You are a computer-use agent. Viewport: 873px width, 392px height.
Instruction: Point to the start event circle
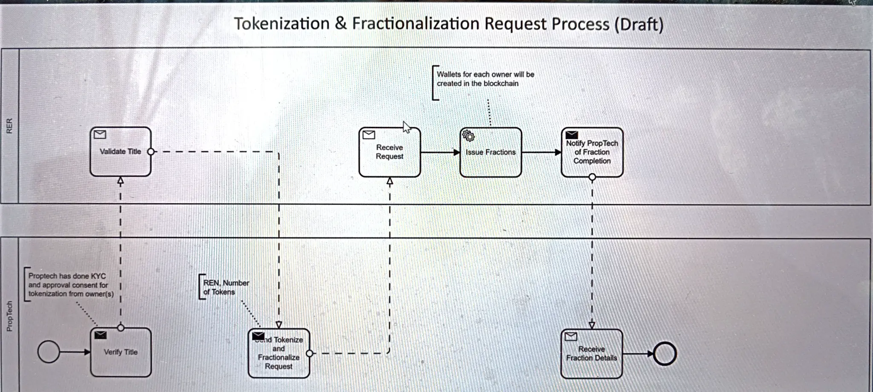(x=49, y=352)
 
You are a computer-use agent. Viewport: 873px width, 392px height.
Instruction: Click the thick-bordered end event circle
(x=665, y=354)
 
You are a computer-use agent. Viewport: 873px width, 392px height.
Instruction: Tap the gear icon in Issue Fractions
(x=468, y=136)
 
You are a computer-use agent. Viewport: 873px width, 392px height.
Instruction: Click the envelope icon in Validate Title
(x=100, y=135)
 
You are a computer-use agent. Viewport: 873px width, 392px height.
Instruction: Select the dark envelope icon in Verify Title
(x=101, y=335)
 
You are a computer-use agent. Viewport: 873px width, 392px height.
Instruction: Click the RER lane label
(x=9, y=126)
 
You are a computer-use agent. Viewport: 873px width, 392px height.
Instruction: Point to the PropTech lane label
(x=9, y=316)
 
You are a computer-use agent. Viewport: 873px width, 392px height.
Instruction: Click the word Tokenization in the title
(x=282, y=24)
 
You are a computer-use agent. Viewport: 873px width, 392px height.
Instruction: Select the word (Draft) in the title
(x=639, y=24)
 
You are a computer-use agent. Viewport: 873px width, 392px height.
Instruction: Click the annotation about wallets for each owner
(x=485, y=79)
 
